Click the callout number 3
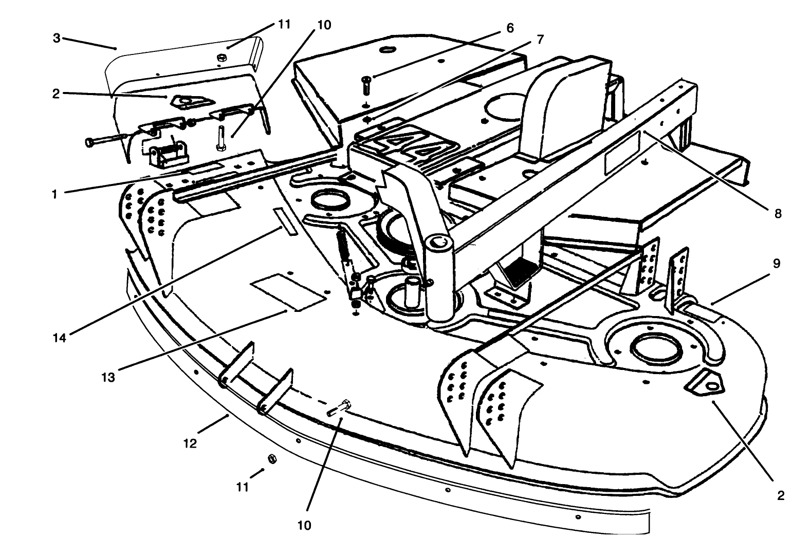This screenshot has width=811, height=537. (x=57, y=38)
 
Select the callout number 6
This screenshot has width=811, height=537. (x=510, y=28)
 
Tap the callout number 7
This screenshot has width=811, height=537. (x=540, y=40)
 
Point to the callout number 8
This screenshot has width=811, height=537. (x=778, y=213)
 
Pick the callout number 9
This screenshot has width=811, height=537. (x=777, y=263)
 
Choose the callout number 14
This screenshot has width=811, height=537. (x=61, y=338)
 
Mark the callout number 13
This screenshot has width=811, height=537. (x=108, y=378)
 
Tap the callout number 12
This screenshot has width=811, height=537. (x=190, y=443)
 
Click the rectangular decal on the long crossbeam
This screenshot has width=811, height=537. (x=622, y=152)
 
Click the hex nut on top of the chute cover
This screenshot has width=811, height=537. (x=220, y=58)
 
